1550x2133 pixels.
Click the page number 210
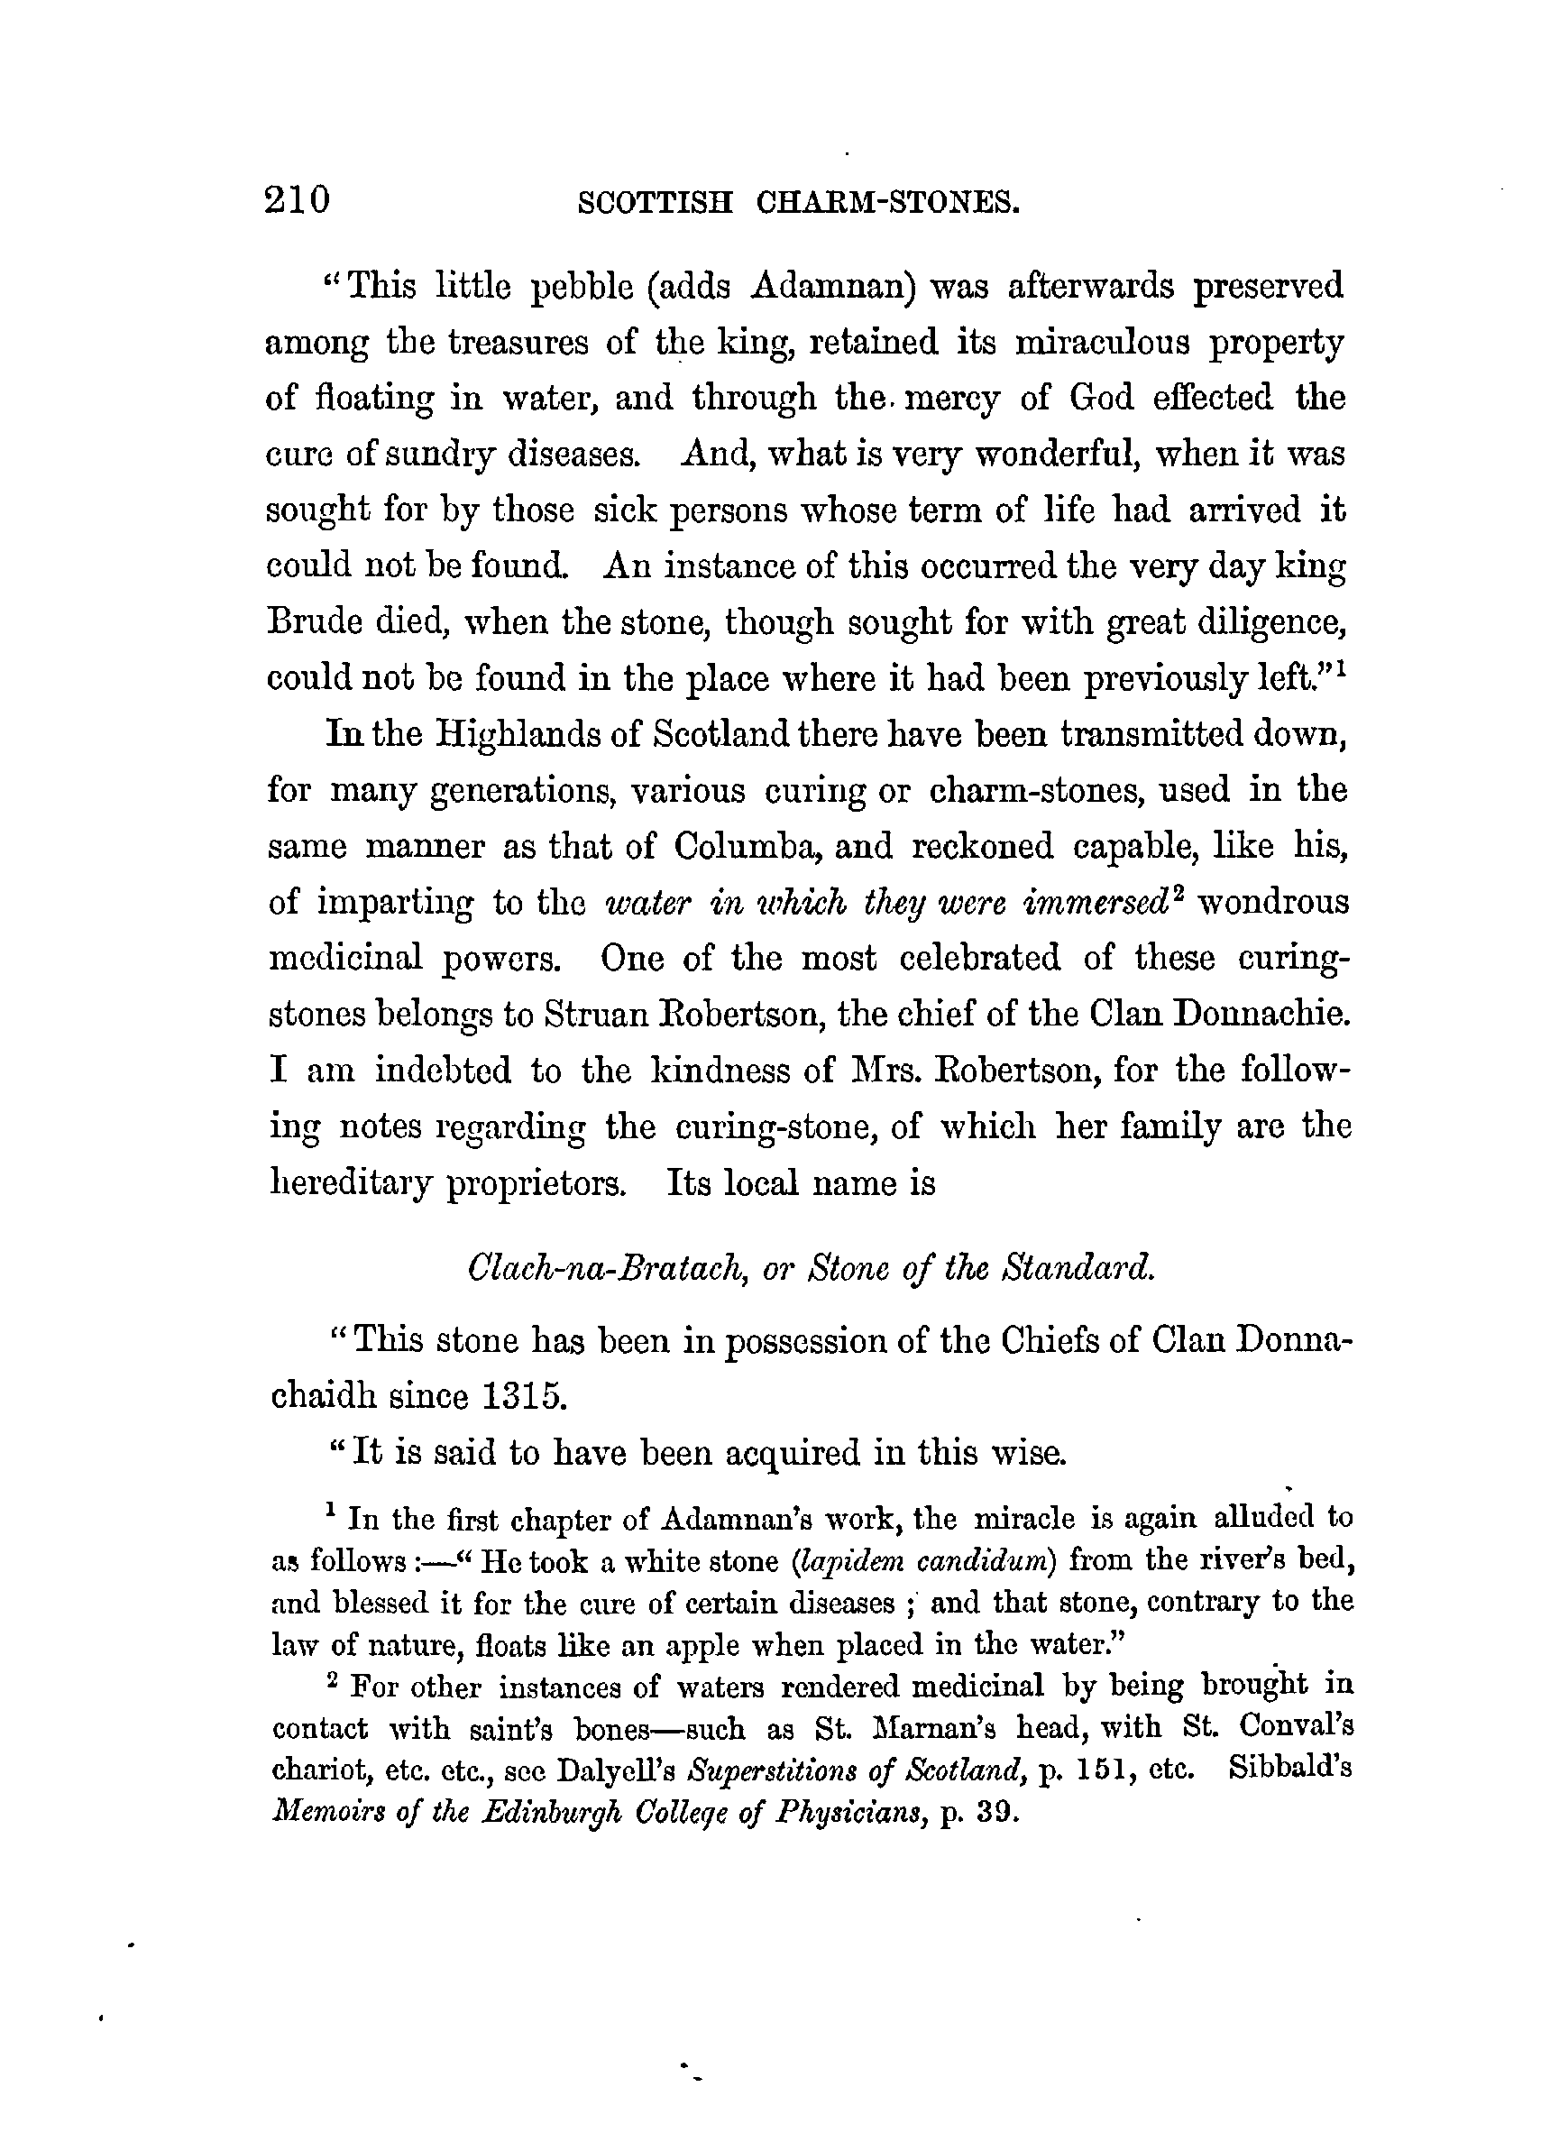[298, 200]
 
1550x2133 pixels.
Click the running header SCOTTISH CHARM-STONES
[798, 202]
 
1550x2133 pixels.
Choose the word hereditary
[350, 1183]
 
